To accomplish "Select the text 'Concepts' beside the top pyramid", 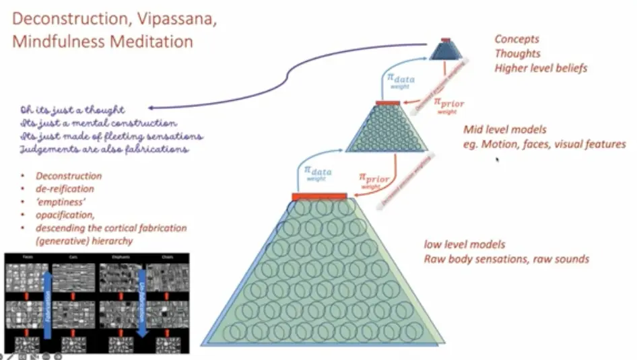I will [516, 40].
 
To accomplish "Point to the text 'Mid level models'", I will [505, 129].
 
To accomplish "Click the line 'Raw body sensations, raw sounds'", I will [506, 258].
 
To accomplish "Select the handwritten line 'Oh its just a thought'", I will [73, 110].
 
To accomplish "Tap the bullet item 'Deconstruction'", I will [69, 176].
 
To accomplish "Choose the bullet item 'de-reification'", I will [66, 189].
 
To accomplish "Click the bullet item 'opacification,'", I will [65, 215].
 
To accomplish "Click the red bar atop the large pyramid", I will [319, 196].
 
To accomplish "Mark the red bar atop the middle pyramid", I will [387, 103].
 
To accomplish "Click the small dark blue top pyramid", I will [445, 50].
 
